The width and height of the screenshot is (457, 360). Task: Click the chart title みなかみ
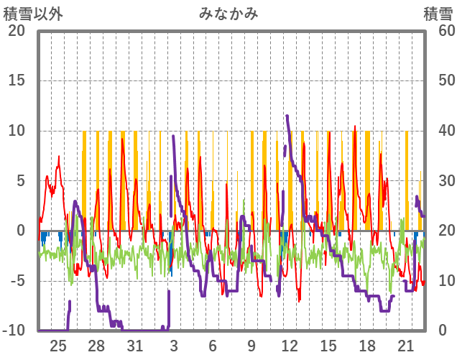[x=228, y=13]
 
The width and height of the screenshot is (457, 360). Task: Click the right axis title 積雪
[x=438, y=13]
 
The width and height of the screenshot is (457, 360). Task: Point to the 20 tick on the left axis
[x=16, y=31]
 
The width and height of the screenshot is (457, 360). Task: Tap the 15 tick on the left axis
[x=16, y=80]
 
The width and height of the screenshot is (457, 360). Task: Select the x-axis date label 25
[x=58, y=346]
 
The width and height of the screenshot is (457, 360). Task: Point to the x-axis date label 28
[x=97, y=346]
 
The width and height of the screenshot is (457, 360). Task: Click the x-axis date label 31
[x=135, y=346]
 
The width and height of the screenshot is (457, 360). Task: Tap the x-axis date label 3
[x=174, y=346]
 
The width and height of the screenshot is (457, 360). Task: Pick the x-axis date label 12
[x=290, y=346]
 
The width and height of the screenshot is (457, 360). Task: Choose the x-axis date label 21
[x=405, y=346]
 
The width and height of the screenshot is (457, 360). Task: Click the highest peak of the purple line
[x=287, y=116]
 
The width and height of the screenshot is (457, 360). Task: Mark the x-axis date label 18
[x=366, y=346]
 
